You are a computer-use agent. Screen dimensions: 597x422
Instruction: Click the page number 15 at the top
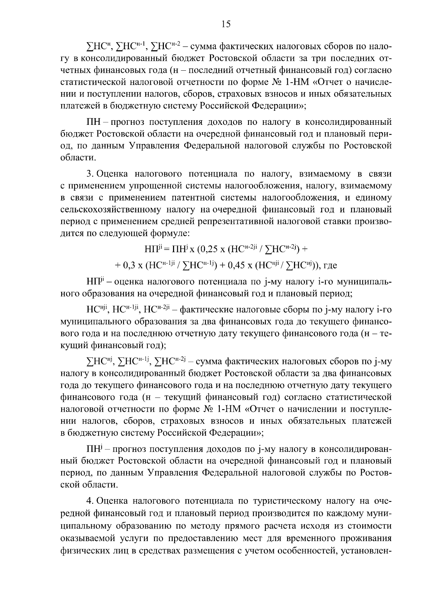click(x=225, y=24)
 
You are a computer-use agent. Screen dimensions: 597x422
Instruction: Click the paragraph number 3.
click(x=89, y=173)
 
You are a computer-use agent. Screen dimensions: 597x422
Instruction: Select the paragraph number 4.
click(x=89, y=500)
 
